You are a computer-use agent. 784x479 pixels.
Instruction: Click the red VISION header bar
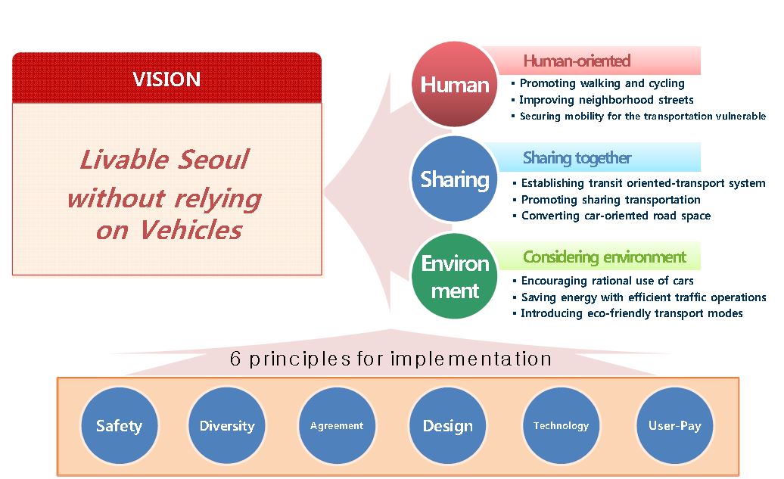[166, 78]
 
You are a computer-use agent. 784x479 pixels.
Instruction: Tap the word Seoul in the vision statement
[213, 160]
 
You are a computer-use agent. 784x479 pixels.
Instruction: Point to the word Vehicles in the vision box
[191, 231]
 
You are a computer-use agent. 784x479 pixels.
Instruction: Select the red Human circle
[455, 84]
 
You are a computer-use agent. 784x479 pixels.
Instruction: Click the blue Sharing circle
[455, 179]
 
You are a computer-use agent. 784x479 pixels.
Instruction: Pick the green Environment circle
[455, 276]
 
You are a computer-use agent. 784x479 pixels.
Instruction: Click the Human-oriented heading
[577, 61]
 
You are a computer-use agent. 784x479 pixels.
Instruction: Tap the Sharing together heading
[577, 158]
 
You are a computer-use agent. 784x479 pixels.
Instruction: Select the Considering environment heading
[605, 257]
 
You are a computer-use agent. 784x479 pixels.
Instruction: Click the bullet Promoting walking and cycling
[598, 83]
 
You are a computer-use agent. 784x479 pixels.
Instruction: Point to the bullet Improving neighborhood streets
[602, 100]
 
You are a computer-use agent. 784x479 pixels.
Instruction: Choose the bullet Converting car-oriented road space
[611, 216]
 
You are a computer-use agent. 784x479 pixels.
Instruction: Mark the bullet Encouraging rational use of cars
[603, 281]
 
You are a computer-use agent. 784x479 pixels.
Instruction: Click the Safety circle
[120, 425]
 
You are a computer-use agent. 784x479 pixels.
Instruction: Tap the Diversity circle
[227, 425]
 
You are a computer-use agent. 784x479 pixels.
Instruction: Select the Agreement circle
[337, 425]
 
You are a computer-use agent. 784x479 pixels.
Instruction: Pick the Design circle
[447, 425]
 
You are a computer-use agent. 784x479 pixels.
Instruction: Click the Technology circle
[561, 425]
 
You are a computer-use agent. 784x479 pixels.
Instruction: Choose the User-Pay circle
[675, 425]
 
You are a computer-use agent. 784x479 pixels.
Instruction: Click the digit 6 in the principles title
[235, 359]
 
